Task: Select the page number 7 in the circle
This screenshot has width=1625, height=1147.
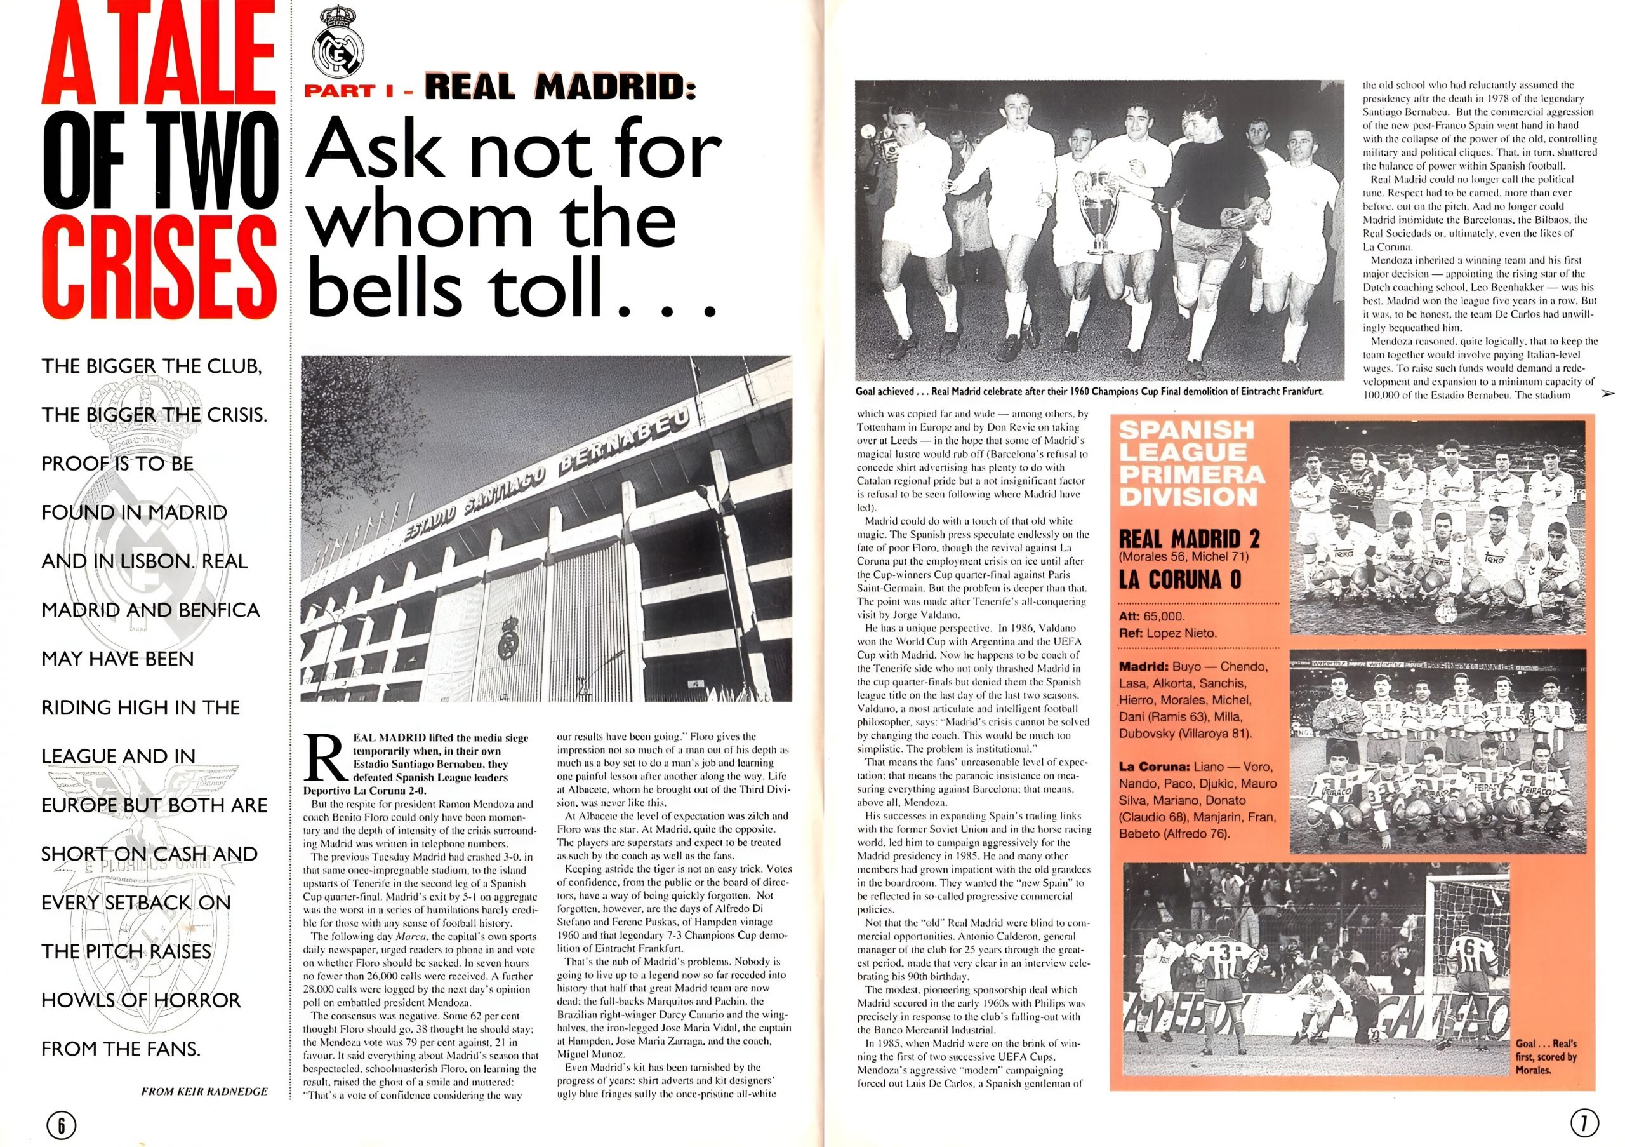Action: [1584, 1122]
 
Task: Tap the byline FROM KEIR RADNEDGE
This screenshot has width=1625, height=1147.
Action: [204, 1091]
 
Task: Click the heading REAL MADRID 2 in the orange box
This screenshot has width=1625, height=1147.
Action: [1189, 539]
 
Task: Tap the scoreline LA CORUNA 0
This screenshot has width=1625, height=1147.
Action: [1180, 580]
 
